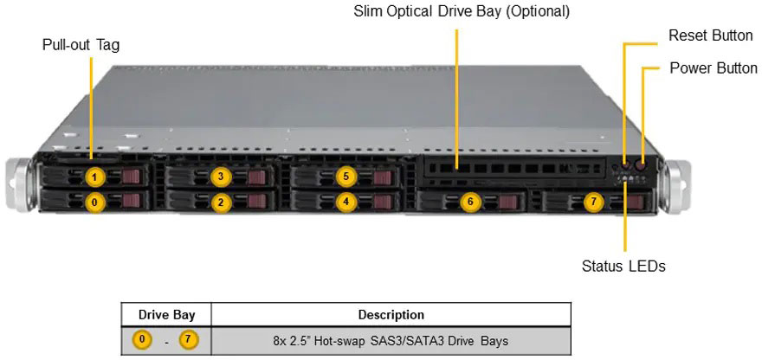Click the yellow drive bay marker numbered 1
click(96, 177)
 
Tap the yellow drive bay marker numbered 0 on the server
click(96, 202)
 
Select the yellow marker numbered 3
click(221, 177)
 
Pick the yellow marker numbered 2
click(221, 202)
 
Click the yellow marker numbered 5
click(346, 177)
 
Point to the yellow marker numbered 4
click(346, 202)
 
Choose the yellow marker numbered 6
click(470, 202)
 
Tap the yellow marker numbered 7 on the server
click(593, 202)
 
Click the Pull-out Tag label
click(81, 45)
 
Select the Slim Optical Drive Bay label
click(462, 12)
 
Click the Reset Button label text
click(711, 35)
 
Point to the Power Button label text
click(714, 67)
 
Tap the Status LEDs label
click(623, 267)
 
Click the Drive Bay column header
click(165, 315)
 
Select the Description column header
click(391, 315)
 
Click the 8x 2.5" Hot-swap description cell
click(391, 340)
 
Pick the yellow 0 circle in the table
click(142, 340)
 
